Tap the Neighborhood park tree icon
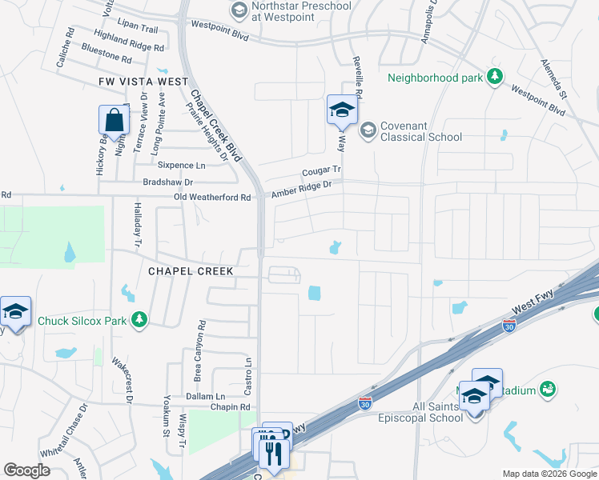tap(496, 77)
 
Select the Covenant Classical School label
tap(421, 131)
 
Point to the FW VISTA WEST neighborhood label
tap(143, 82)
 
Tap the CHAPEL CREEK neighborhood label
tap(191, 271)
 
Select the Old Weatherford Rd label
tap(213, 197)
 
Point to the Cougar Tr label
tap(321, 171)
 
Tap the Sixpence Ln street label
tap(181, 165)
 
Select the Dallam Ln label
tap(203, 396)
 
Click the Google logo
tap(26, 470)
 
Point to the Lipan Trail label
tap(138, 27)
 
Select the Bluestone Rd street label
tap(106, 58)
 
